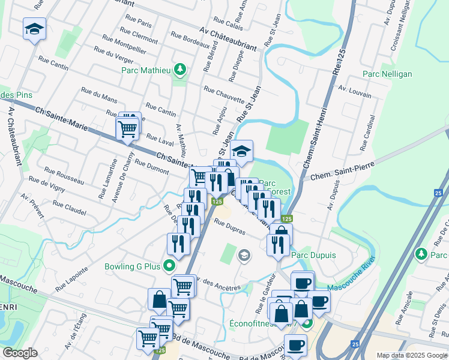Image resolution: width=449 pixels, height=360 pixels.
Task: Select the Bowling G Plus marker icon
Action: click(170, 265)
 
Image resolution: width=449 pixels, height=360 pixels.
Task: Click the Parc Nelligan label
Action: click(387, 74)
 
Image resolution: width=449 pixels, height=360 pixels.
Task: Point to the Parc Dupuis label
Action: click(313, 255)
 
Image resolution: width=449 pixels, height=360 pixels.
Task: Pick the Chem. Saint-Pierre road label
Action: click(340, 170)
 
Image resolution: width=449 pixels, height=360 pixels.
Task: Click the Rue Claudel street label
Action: click(70, 208)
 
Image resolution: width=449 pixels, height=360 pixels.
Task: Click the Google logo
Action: click(20, 353)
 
